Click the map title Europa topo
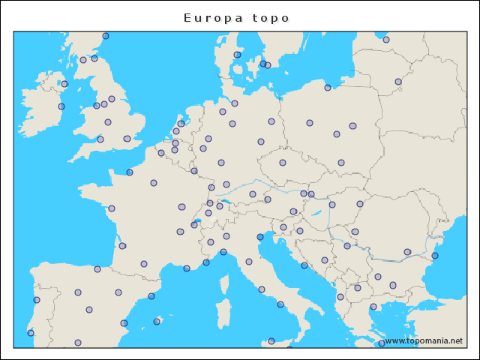tap(236, 17)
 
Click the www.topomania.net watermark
tap(424, 340)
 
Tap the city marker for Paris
tap(154, 183)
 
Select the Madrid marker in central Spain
tap(89, 310)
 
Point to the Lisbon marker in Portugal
tap(31, 333)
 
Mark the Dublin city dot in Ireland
tap(61, 106)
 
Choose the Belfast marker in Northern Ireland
tap(64, 84)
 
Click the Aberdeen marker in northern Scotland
tap(106, 36)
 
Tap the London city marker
tap(127, 139)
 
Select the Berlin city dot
tap(271, 121)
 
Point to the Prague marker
tap(283, 163)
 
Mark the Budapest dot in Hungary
tap(332, 205)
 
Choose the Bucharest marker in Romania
tap(407, 252)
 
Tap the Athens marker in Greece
tap(381, 343)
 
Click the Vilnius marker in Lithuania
tap(398, 82)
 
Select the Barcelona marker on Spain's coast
tap(151, 296)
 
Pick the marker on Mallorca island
tap(157, 322)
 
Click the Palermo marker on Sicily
tap(271, 341)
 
